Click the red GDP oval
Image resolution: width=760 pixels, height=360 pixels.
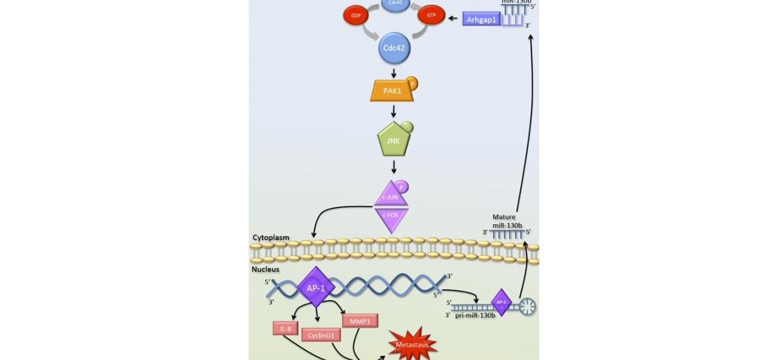pos(356,15)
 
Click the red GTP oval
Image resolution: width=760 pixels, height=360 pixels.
pos(431,15)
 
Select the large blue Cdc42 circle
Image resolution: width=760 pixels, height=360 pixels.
pos(394,48)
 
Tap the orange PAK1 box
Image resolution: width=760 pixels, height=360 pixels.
pos(392,91)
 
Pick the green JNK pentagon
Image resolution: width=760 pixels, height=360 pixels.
pos(393,141)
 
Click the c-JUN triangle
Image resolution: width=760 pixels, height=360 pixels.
pos(391,196)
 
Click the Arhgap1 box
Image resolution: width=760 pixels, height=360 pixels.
pos(481,19)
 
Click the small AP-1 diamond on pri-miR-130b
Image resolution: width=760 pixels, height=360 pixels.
pos(501,302)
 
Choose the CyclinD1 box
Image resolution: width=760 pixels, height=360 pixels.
pos(321,335)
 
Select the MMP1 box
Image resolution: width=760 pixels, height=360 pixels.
pos(360,321)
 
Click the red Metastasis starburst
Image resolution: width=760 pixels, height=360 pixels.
pos(413,345)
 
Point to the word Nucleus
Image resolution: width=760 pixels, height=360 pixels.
pos(265,269)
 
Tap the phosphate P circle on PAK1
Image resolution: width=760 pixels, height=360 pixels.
pos(412,84)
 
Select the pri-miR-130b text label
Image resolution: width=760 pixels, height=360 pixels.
pos(475,315)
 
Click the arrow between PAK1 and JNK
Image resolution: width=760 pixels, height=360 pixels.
pos(393,111)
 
